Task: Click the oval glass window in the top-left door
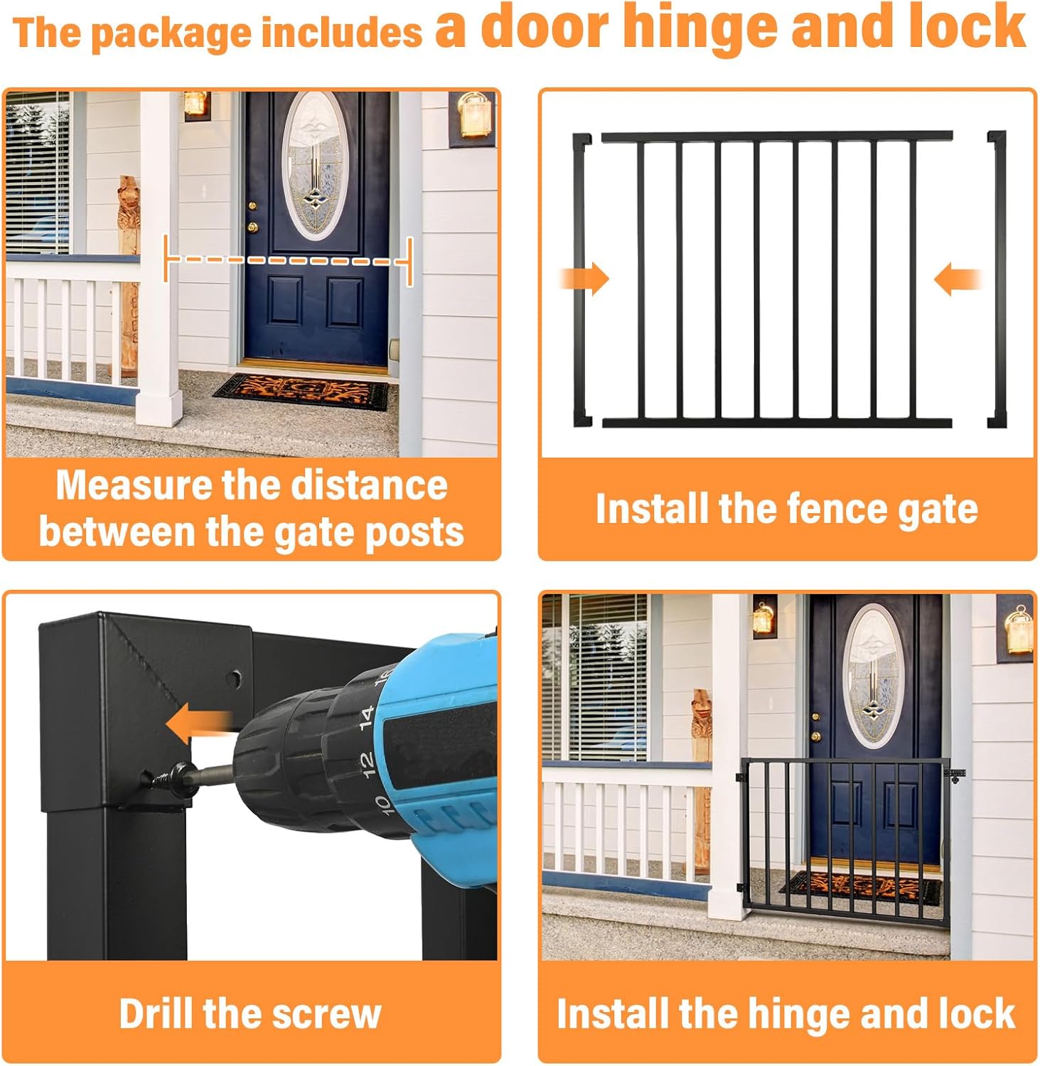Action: tap(313, 165)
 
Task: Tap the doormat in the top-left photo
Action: tap(301, 392)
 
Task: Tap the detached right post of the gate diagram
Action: tap(997, 279)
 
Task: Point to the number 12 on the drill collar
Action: tap(365, 763)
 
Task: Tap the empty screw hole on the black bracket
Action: tap(233, 679)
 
